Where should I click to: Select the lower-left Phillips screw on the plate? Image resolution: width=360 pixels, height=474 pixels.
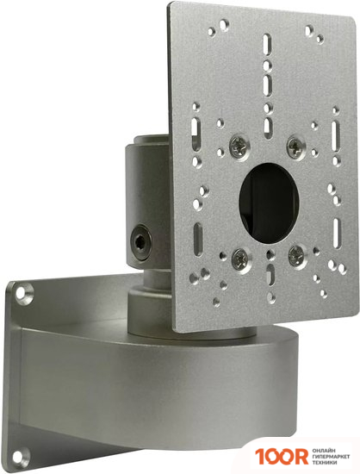(238, 255)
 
